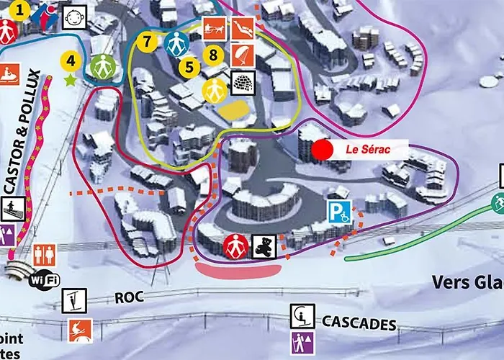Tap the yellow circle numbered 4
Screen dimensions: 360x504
(x=71, y=61)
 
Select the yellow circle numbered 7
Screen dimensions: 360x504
(x=147, y=41)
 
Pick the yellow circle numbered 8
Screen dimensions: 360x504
(x=212, y=53)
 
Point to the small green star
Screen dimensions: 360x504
(x=71, y=80)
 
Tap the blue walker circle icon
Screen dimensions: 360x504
(x=175, y=44)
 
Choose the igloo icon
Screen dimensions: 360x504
(x=242, y=81)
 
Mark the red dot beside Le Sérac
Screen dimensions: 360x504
(x=323, y=150)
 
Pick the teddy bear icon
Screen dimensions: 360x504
(x=263, y=246)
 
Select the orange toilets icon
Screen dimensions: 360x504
(x=45, y=254)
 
